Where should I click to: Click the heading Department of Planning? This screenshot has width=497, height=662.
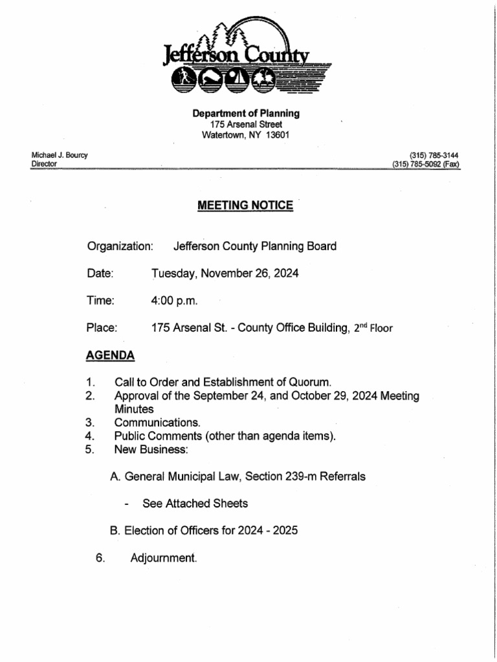246,113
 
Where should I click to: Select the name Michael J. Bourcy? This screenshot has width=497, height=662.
60,155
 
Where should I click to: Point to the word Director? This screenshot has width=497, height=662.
44,164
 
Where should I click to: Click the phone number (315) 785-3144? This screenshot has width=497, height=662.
434,155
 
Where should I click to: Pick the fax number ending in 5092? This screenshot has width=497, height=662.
425,164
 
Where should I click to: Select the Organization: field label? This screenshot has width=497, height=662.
120,246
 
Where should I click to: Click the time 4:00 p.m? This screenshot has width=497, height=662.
175,301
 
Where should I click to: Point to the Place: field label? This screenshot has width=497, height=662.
102,328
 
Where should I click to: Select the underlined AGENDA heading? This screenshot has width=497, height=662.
111,356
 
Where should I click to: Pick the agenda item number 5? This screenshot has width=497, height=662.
90,449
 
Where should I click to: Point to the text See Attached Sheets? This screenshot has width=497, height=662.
195,503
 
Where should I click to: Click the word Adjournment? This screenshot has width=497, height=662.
163,557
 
